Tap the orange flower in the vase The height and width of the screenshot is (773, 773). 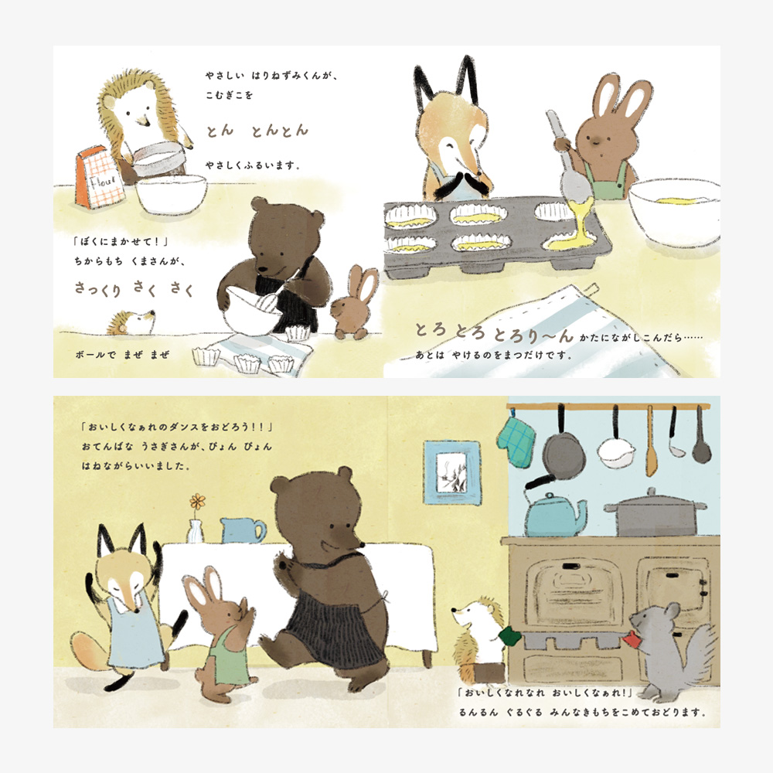198,502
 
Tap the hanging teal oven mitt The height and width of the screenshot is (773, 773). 516,441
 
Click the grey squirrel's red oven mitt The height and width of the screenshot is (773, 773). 632,640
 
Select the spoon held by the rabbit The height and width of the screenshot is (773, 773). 572,165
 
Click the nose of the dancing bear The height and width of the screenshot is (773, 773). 361,545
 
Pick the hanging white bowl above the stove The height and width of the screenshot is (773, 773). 615,454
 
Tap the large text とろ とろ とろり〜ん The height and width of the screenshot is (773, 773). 493,332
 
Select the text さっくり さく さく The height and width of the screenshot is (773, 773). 134,289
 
